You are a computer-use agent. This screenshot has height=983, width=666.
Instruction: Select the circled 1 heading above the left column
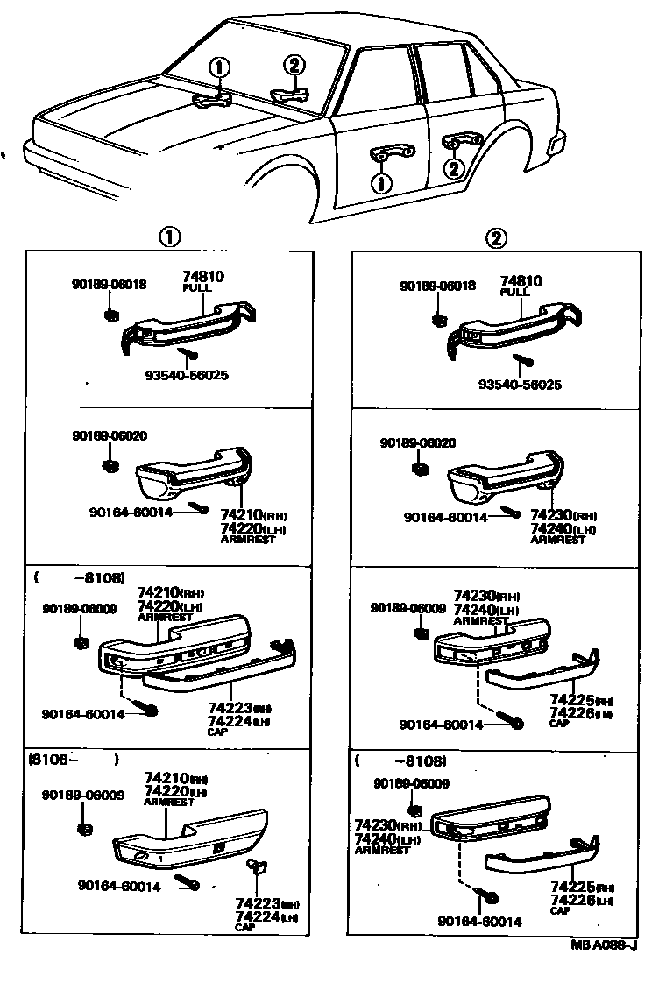coord(168,237)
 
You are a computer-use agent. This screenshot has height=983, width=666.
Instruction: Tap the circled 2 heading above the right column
coord(496,237)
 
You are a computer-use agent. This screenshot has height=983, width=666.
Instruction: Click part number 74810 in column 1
coord(202,276)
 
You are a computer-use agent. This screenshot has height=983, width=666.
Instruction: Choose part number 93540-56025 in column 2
coord(520,385)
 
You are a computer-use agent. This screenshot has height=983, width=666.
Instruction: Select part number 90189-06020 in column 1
coord(110,435)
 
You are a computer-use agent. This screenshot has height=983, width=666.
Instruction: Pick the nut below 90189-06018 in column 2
coord(440,319)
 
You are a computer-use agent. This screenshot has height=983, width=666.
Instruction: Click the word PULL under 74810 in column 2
coord(515,292)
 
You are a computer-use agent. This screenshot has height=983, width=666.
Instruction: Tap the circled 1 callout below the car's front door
coord(381,183)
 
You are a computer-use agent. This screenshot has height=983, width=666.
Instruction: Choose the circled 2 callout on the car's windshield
coord(294,64)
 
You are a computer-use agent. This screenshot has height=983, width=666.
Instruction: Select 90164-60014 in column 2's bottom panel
coord(478,921)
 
